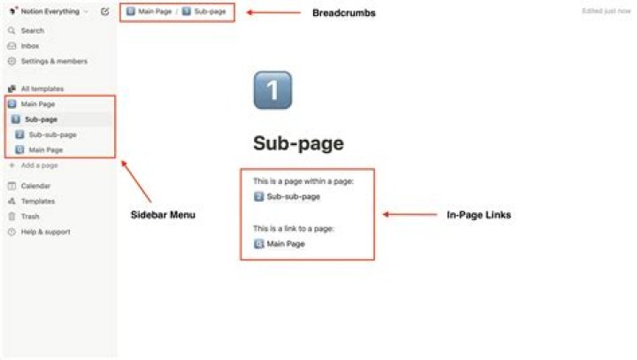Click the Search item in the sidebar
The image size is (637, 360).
[x=32, y=30]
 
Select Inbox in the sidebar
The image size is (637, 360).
[x=30, y=45]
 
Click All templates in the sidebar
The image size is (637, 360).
[x=42, y=88]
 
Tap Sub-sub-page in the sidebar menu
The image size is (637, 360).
[x=52, y=134]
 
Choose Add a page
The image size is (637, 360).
[x=39, y=165]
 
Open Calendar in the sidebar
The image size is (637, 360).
[x=35, y=186]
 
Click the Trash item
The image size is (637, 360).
[x=30, y=216]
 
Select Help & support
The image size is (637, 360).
[x=45, y=232]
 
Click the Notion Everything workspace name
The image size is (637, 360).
[x=50, y=11]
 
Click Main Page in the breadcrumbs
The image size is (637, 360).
[x=155, y=12]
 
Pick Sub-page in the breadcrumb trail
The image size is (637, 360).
[x=210, y=12]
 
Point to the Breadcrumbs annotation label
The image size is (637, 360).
[x=344, y=12]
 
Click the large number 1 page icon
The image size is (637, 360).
[x=272, y=90]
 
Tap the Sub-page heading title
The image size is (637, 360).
[x=298, y=144]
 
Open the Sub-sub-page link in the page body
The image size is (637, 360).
[x=293, y=196]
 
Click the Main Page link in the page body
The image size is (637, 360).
[x=285, y=243]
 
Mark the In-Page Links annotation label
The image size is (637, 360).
[x=479, y=215]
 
